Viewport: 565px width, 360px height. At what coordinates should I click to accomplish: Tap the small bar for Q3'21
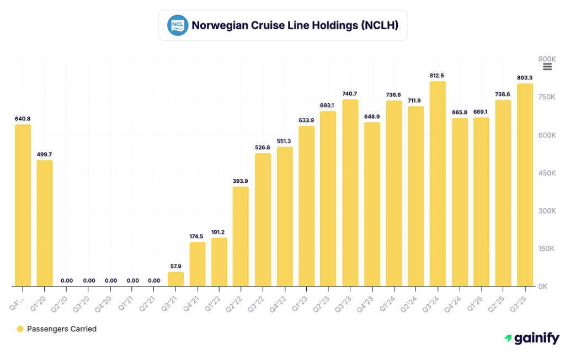[x=175, y=279]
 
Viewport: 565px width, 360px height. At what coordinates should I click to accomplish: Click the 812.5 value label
[x=438, y=75]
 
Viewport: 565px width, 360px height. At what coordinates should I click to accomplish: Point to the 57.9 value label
[x=175, y=266]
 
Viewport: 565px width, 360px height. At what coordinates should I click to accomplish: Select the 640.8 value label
[x=23, y=118]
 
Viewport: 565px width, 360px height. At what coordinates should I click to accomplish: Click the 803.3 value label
[x=525, y=77]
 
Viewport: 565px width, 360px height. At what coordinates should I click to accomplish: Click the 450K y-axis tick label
[x=547, y=173]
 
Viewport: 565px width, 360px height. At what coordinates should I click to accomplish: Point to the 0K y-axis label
[x=544, y=287]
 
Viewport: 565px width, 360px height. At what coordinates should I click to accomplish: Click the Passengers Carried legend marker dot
[x=20, y=329]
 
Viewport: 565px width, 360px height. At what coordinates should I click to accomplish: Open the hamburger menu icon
[x=547, y=67]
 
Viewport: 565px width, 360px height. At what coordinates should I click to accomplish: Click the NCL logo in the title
[x=178, y=25]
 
